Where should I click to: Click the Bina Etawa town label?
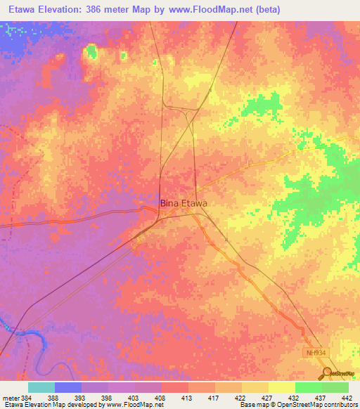184,204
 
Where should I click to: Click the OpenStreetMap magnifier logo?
327,373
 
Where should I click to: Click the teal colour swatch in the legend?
41,387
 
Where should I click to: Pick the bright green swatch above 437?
308,387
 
